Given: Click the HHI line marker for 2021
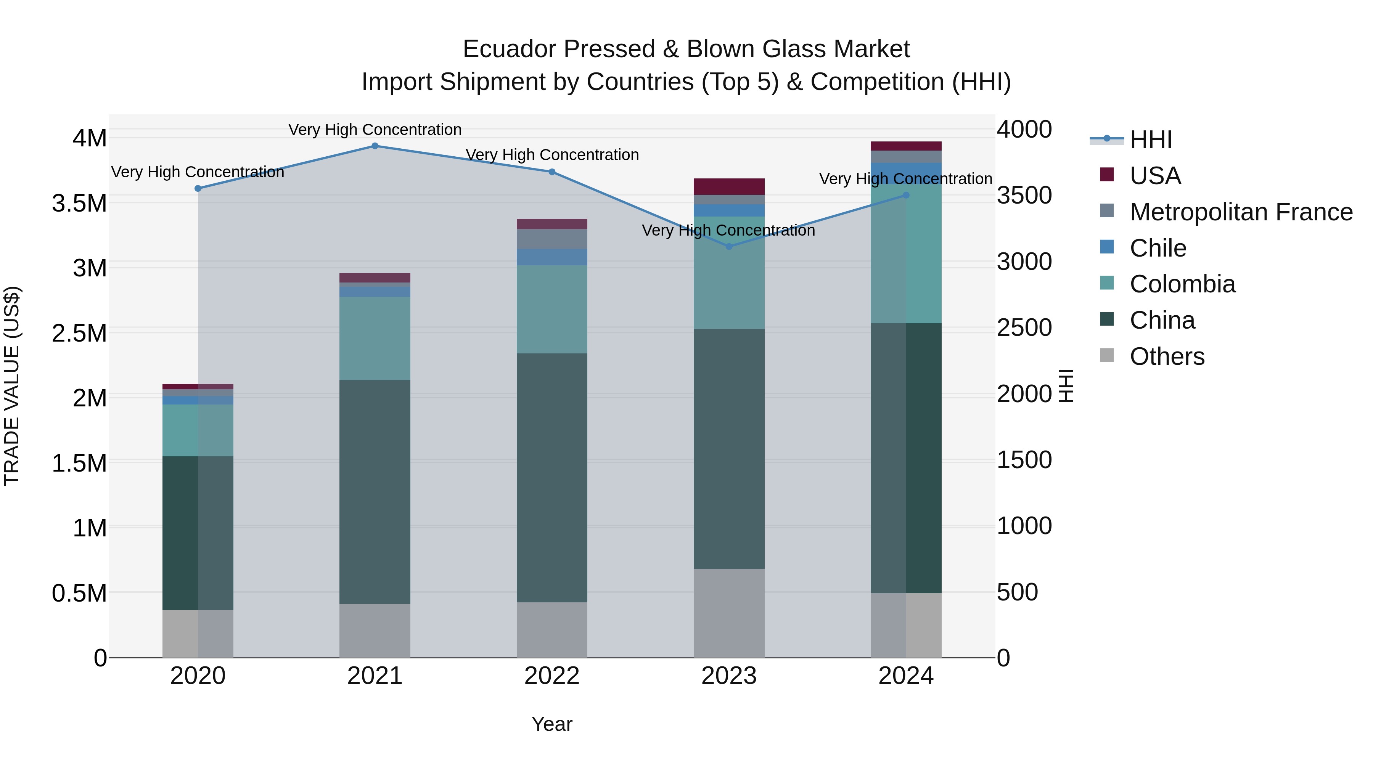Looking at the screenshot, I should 375,146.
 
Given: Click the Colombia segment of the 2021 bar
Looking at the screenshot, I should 375,338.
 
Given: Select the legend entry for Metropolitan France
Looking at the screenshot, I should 1241,212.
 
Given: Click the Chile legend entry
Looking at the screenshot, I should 1158,248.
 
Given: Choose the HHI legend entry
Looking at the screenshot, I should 1150,140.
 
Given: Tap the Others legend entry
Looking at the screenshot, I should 1167,356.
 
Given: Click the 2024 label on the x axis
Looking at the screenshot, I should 905,676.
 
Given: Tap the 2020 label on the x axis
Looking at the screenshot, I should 198,676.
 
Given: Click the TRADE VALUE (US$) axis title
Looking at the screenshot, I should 12,386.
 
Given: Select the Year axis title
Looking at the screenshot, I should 551,724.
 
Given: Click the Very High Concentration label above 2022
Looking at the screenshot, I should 551,155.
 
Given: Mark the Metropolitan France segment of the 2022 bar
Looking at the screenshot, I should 551,239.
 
